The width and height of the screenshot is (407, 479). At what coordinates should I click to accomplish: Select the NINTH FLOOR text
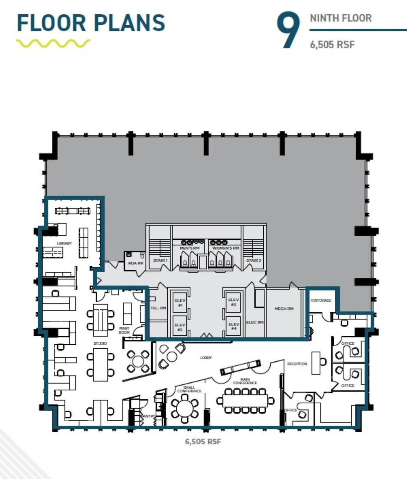click(x=340, y=18)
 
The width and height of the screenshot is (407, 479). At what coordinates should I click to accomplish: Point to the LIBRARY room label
click(x=64, y=243)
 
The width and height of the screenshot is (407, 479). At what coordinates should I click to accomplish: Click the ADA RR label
click(x=135, y=263)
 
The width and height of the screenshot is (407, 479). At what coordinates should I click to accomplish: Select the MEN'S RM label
click(x=189, y=247)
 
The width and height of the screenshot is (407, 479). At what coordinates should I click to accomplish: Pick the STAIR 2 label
click(x=254, y=260)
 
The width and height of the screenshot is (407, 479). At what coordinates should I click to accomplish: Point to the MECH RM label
click(x=284, y=308)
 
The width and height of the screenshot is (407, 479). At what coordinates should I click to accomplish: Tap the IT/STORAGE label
click(x=321, y=300)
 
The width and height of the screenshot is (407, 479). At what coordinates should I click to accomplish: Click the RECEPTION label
click(x=297, y=363)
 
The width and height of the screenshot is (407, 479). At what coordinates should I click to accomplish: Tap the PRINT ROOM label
click(x=124, y=330)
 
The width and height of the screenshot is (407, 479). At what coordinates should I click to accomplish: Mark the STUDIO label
click(x=100, y=343)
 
